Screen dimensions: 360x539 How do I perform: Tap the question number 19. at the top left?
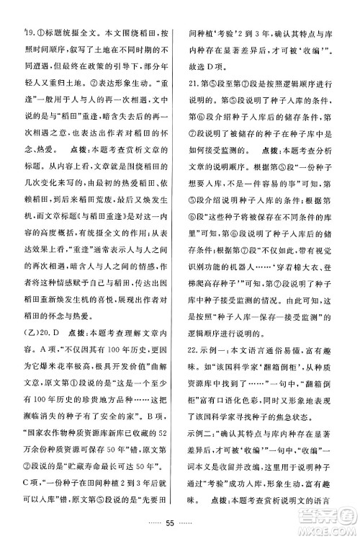pyautogui.click(x=28, y=32)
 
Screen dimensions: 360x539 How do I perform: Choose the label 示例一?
pyautogui.click(x=204, y=365)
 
